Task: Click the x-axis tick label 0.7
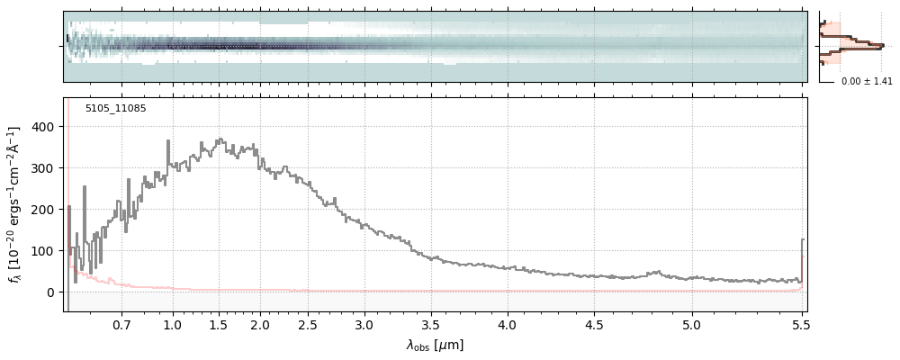tap(121, 324)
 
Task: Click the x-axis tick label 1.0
tap(173, 324)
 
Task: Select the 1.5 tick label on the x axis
tap(218, 324)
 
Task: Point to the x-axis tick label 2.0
tap(260, 324)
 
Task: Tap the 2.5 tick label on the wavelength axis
tap(308, 324)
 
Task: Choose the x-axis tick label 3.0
tap(364, 324)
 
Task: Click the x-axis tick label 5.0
tap(691, 324)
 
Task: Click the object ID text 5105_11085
tap(115, 109)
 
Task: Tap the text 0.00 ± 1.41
tap(867, 82)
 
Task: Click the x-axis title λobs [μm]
tap(435, 345)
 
